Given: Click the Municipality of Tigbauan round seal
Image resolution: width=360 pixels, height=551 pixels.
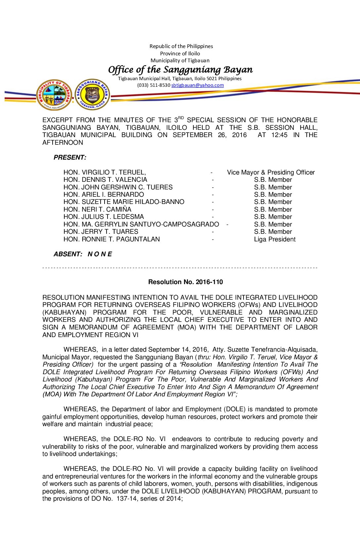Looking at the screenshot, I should (x=54, y=95).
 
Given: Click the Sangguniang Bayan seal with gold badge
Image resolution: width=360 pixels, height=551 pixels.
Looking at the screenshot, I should (x=92, y=95).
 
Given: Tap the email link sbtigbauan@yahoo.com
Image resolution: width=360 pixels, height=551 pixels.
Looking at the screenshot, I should (x=198, y=85).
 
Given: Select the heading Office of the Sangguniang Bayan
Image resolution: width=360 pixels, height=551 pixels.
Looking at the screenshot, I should (x=180, y=70).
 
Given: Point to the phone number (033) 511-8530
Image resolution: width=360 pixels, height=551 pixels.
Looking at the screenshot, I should (x=154, y=85).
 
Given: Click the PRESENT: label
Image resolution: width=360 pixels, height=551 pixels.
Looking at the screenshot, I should (x=70, y=157).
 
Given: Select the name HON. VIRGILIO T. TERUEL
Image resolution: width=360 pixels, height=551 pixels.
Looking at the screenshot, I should (x=105, y=172).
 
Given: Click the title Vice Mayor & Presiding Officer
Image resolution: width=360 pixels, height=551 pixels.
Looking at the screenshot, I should (x=271, y=172).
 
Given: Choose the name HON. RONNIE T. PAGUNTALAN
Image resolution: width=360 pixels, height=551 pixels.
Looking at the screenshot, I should (x=112, y=239).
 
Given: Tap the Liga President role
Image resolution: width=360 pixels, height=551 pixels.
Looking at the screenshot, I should (x=275, y=239).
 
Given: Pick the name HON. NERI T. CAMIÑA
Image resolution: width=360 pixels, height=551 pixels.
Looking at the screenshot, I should (x=97, y=209).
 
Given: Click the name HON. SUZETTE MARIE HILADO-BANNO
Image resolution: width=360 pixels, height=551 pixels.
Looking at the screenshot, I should (x=124, y=202).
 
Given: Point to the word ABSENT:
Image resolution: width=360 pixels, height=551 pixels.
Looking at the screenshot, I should (x=68, y=254).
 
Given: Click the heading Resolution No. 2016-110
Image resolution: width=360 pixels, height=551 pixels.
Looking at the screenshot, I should (x=185, y=282).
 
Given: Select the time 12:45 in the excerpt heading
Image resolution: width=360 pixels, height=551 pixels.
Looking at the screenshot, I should (x=279, y=135).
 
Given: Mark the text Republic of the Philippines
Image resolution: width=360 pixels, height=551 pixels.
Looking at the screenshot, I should (x=181, y=46).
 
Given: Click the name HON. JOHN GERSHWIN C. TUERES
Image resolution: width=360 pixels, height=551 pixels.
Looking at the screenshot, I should (x=118, y=187).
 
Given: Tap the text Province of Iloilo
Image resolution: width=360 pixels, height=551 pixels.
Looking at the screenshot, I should (x=180, y=53).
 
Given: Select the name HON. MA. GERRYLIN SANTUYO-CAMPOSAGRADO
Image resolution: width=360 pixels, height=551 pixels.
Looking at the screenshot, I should (x=141, y=224).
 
